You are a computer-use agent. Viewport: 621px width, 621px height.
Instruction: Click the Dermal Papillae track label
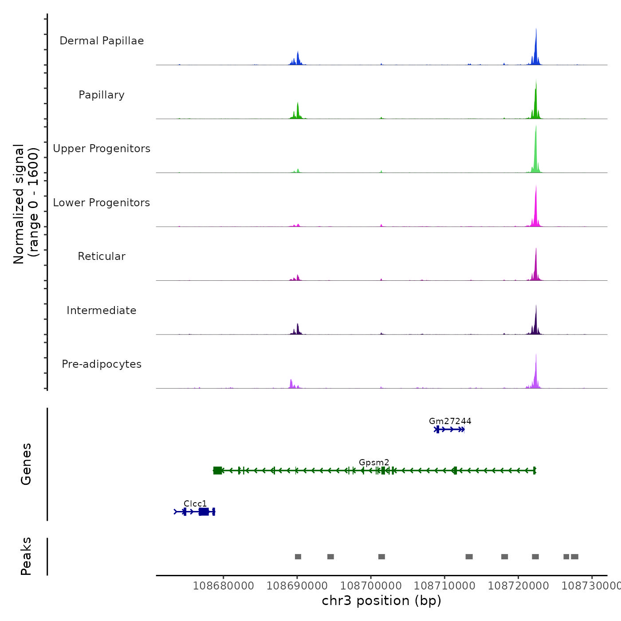[102, 41]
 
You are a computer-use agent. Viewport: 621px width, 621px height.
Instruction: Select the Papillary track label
[102, 95]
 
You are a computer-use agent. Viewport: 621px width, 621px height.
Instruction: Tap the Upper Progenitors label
[102, 149]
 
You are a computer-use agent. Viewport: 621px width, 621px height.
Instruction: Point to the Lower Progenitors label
[102, 203]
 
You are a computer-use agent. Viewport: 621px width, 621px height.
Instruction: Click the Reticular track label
[102, 256]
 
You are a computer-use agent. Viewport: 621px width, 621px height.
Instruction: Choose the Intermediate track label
[102, 310]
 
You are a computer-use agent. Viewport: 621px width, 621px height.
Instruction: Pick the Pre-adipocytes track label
[102, 364]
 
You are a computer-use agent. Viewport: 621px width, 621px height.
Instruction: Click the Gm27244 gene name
[450, 421]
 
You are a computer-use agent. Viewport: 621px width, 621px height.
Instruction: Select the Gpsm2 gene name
[374, 462]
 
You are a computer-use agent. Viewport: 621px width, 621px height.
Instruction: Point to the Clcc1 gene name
[195, 503]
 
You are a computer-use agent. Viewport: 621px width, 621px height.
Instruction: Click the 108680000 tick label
[224, 586]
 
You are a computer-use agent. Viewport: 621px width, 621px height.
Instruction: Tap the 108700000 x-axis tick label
[371, 586]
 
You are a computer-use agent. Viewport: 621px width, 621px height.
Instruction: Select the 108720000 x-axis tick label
[518, 586]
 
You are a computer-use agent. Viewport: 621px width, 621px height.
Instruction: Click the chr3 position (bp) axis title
[381, 601]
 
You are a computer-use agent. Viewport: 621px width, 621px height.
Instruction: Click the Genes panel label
[26, 464]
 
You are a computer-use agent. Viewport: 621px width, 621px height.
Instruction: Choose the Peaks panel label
[26, 556]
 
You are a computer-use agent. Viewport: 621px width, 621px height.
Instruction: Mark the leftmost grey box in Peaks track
[298, 557]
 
